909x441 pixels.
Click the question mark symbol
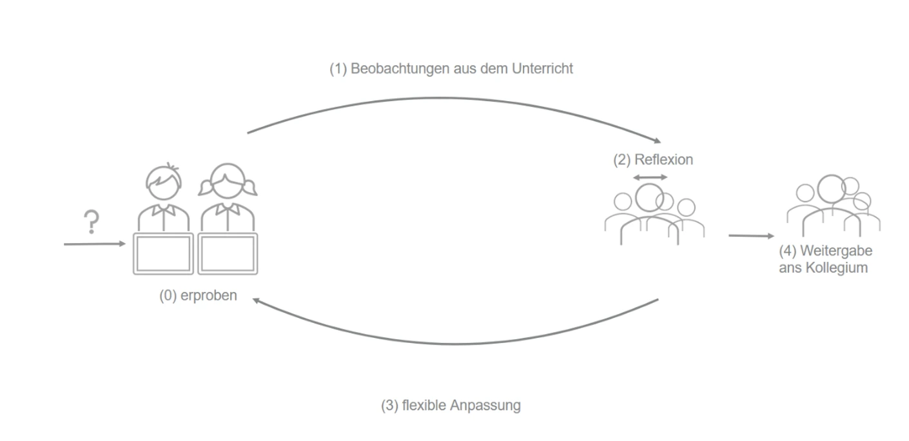coord(92,222)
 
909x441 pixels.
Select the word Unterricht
coord(542,69)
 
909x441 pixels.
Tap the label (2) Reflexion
coord(652,160)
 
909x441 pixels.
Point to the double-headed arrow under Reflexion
coord(650,177)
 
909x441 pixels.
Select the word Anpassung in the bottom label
coord(485,406)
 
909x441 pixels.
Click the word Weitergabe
coord(836,251)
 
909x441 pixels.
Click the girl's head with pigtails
coord(228,182)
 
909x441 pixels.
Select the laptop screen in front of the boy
coord(163,253)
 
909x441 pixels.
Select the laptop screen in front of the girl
coord(228,253)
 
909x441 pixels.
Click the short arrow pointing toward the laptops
coord(95,244)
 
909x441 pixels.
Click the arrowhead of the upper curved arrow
coord(656,141)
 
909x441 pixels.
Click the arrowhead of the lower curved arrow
coord(257,300)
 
